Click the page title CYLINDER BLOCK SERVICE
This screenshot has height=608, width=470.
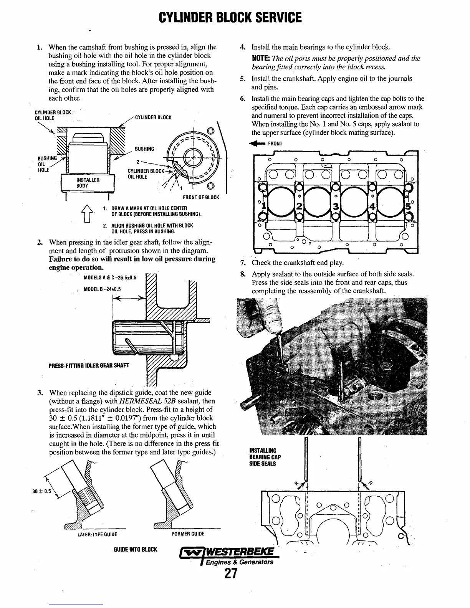click(230, 17)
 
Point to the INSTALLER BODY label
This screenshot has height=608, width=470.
click(88, 183)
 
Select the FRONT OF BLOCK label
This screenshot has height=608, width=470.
click(201, 197)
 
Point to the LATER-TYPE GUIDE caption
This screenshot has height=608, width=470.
click(97, 534)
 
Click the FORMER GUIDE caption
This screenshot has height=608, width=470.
click(188, 534)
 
